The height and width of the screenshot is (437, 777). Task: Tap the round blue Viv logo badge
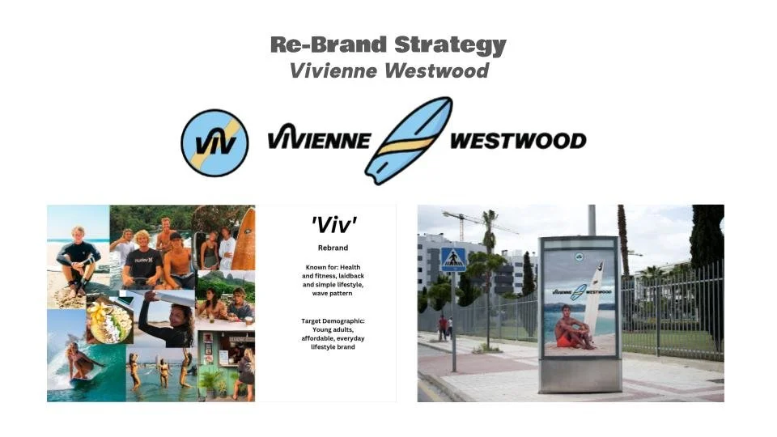214,142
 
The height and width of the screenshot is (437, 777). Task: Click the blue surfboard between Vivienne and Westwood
409,140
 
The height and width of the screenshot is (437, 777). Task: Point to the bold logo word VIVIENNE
319,141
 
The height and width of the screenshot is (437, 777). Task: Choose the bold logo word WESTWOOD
518,141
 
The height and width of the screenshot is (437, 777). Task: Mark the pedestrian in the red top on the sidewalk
441,326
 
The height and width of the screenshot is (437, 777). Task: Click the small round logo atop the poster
580,257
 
